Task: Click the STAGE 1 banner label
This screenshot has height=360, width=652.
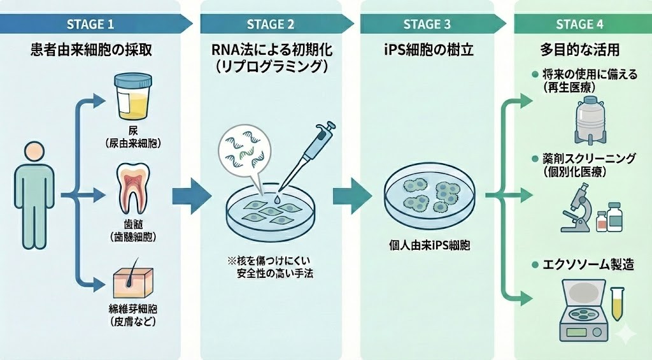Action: tap(90, 25)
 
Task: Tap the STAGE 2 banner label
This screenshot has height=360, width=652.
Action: tap(271, 25)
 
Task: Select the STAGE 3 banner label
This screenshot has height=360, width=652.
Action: tap(427, 25)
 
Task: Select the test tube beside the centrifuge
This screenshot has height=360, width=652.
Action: tap(617, 305)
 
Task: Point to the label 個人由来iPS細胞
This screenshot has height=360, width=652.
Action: tap(429, 245)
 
